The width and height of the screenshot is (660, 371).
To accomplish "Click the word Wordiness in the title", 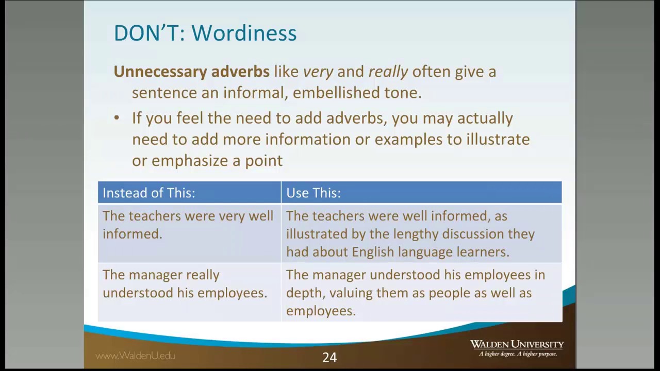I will point(244,33).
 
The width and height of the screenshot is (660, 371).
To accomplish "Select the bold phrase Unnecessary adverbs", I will point(191,72).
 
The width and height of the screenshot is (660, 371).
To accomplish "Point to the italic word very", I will point(318,72).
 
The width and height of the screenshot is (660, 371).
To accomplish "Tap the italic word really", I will point(388,72).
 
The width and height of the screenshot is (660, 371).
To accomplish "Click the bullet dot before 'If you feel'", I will point(117,118).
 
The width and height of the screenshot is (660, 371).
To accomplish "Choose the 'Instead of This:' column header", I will point(149,193).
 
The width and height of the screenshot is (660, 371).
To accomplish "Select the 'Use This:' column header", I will point(313,193).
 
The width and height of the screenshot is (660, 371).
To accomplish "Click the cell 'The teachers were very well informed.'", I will point(188,225).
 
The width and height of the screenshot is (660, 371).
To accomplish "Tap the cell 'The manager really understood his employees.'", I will point(185,284).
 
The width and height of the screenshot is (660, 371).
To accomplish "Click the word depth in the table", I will point(304,293).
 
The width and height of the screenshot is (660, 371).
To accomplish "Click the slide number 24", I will point(329,357).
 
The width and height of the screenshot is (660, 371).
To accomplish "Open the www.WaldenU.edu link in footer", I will point(135,356).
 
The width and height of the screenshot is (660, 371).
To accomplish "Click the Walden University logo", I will point(517,344).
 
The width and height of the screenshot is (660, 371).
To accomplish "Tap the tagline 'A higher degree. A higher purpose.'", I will point(518,354).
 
